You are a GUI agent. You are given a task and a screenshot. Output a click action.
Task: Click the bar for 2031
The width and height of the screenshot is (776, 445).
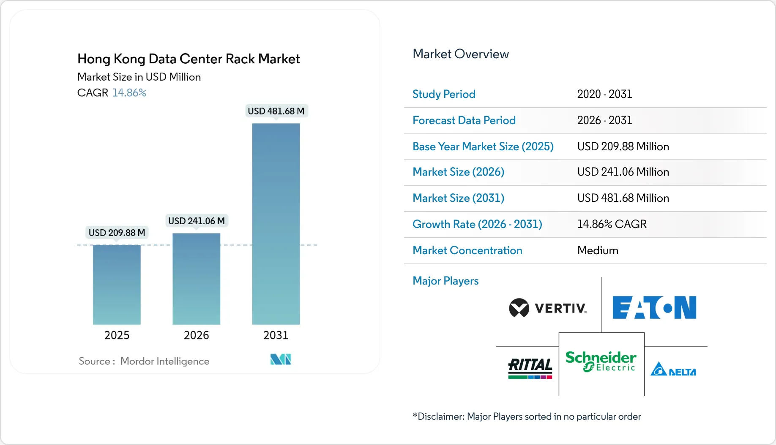(276, 224)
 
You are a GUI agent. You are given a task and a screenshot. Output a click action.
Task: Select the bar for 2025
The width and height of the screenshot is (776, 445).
(117, 285)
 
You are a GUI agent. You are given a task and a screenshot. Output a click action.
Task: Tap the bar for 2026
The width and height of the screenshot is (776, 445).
(196, 279)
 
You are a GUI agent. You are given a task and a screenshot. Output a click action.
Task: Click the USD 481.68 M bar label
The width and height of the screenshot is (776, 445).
(276, 111)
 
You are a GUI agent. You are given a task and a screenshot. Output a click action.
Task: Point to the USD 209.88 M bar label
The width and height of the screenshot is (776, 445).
(117, 233)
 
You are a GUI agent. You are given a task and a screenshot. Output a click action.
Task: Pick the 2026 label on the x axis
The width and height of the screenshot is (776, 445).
(196, 335)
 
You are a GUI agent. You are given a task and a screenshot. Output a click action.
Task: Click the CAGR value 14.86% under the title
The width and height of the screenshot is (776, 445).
(129, 93)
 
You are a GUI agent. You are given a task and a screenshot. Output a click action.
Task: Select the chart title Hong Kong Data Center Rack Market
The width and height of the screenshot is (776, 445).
(189, 59)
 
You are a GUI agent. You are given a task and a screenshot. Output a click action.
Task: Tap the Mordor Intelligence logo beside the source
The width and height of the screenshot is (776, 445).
(281, 359)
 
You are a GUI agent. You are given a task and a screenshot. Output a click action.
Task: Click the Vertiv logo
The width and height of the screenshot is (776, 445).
(548, 308)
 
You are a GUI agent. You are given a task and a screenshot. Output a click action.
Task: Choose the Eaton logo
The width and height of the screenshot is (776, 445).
(654, 307)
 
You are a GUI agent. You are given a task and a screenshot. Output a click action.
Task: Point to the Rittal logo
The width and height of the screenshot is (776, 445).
(530, 368)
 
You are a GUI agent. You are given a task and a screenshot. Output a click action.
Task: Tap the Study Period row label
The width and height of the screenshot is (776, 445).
(444, 94)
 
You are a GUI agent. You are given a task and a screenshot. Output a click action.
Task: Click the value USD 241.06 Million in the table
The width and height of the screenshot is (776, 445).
(623, 172)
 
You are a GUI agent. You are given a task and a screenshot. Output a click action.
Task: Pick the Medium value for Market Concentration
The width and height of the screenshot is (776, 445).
(598, 250)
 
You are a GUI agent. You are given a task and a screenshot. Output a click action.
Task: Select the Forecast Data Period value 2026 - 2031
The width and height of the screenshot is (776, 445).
(604, 120)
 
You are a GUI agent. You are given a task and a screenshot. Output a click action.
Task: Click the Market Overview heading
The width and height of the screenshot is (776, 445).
(461, 54)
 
